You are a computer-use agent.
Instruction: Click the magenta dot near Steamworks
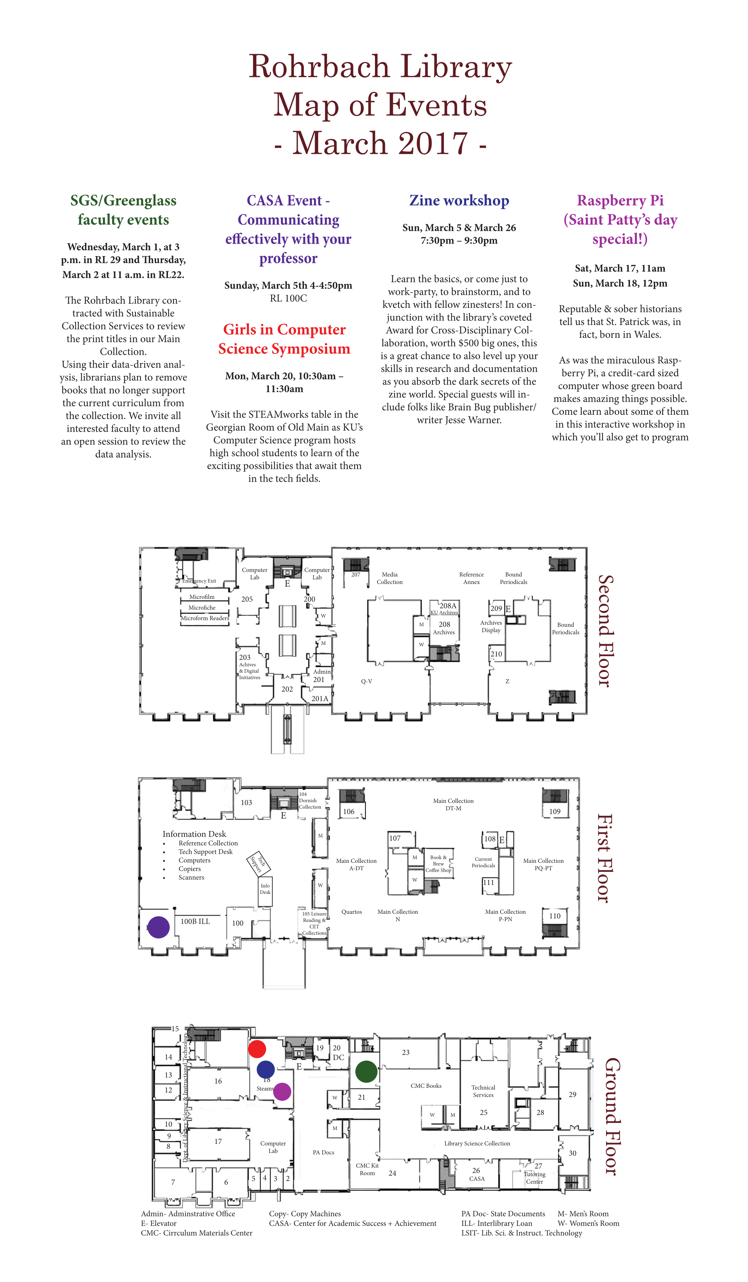pyautogui.click(x=282, y=1091)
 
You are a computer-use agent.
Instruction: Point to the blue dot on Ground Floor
pyautogui.click(x=266, y=1070)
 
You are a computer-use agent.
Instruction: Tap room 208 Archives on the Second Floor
pyautogui.click(x=444, y=628)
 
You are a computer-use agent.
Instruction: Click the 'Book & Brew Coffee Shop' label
pyautogui.click(x=438, y=864)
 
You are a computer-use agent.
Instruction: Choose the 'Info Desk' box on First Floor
pyautogui.click(x=265, y=889)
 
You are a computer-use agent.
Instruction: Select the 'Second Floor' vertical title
pyautogui.click(x=604, y=631)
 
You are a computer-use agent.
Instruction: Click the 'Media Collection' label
pyautogui.click(x=389, y=578)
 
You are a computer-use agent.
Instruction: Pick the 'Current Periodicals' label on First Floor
pyautogui.click(x=483, y=862)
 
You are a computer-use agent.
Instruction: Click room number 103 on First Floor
pyautogui.click(x=246, y=802)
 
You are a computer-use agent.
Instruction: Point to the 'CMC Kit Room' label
pyautogui.click(x=367, y=1169)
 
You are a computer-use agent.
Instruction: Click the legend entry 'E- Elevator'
pyautogui.click(x=159, y=1223)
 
